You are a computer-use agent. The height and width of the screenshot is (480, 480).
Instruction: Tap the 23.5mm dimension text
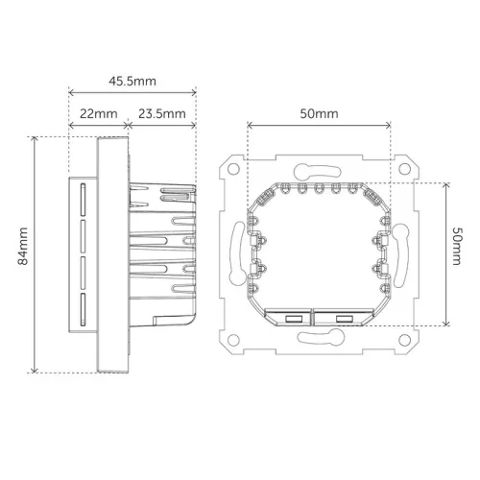[160, 113]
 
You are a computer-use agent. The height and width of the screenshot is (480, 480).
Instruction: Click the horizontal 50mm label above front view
[319, 113]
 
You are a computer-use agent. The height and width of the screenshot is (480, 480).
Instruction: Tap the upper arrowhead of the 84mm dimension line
[35, 140]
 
